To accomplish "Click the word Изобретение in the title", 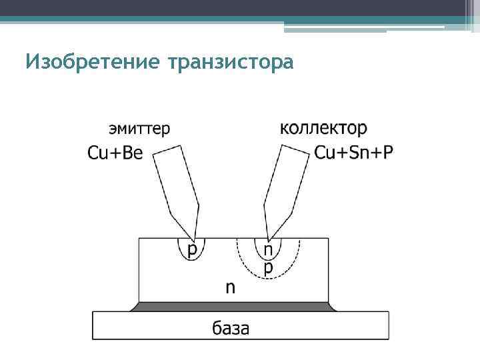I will (93, 62).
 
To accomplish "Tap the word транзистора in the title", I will (231, 62).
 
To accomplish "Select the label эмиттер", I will (139, 128).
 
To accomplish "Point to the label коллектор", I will (323, 128).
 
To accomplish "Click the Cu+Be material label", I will (115, 153).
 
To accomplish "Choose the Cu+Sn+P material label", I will (353, 153).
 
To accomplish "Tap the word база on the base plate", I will (231, 327).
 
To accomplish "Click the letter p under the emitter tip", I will (192, 250).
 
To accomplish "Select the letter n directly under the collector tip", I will (268, 250).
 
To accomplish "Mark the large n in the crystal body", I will (230, 288).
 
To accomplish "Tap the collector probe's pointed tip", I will (268, 237).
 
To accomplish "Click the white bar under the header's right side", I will (363, 27).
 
